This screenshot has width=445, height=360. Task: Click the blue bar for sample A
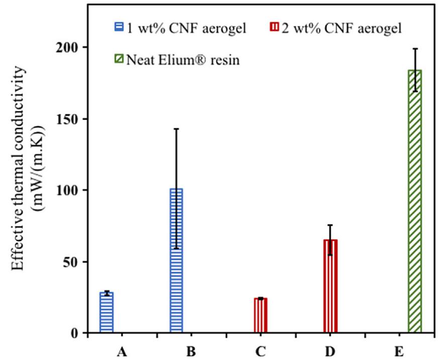tap(106, 312)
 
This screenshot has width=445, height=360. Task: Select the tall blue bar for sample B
tap(176, 261)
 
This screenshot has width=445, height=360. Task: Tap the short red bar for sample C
tap(260, 315)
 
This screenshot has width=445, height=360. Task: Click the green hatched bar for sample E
tap(415, 201)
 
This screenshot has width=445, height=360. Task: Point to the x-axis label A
tap(121, 352)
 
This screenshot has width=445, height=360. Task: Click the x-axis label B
tap(190, 352)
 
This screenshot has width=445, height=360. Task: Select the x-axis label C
tap(260, 352)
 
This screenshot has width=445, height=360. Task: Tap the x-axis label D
tap(329, 352)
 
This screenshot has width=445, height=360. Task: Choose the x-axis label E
tap(399, 352)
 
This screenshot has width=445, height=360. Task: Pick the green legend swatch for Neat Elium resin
tap(119, 61)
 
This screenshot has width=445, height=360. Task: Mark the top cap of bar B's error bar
tap(176, 129)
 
